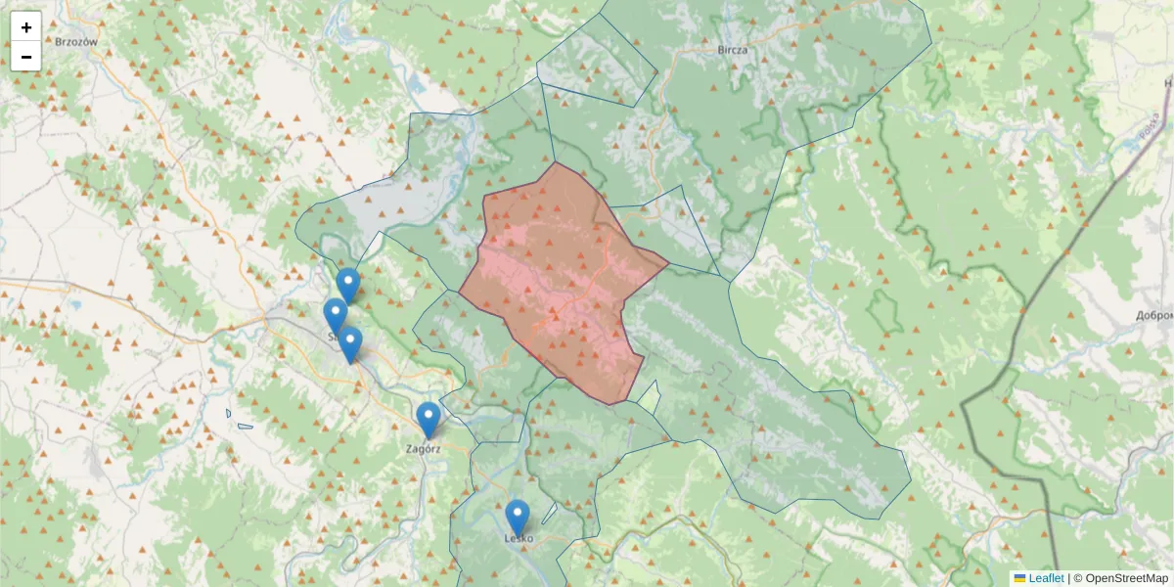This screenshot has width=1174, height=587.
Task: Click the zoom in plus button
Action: [26, 27]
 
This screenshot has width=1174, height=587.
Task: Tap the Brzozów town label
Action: [76, 42]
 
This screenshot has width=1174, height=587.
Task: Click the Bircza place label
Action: [732, 50]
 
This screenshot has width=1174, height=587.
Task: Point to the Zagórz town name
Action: [423, 449]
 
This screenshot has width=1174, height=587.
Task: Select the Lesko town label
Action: [519, 538]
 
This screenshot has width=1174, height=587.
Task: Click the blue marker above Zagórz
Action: [428, 419]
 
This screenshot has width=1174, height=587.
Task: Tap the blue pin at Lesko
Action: [517, 517]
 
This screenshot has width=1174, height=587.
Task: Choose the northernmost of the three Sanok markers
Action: [347, 285]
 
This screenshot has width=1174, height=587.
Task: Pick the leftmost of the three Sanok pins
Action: [335, 315]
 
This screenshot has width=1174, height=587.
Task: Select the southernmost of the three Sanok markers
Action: [350, 343]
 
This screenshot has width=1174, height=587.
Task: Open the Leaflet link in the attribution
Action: [1046, 578]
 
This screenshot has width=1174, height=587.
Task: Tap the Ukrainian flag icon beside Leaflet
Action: [1019, 578]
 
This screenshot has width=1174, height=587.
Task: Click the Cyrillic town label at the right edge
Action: [1154, 316]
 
